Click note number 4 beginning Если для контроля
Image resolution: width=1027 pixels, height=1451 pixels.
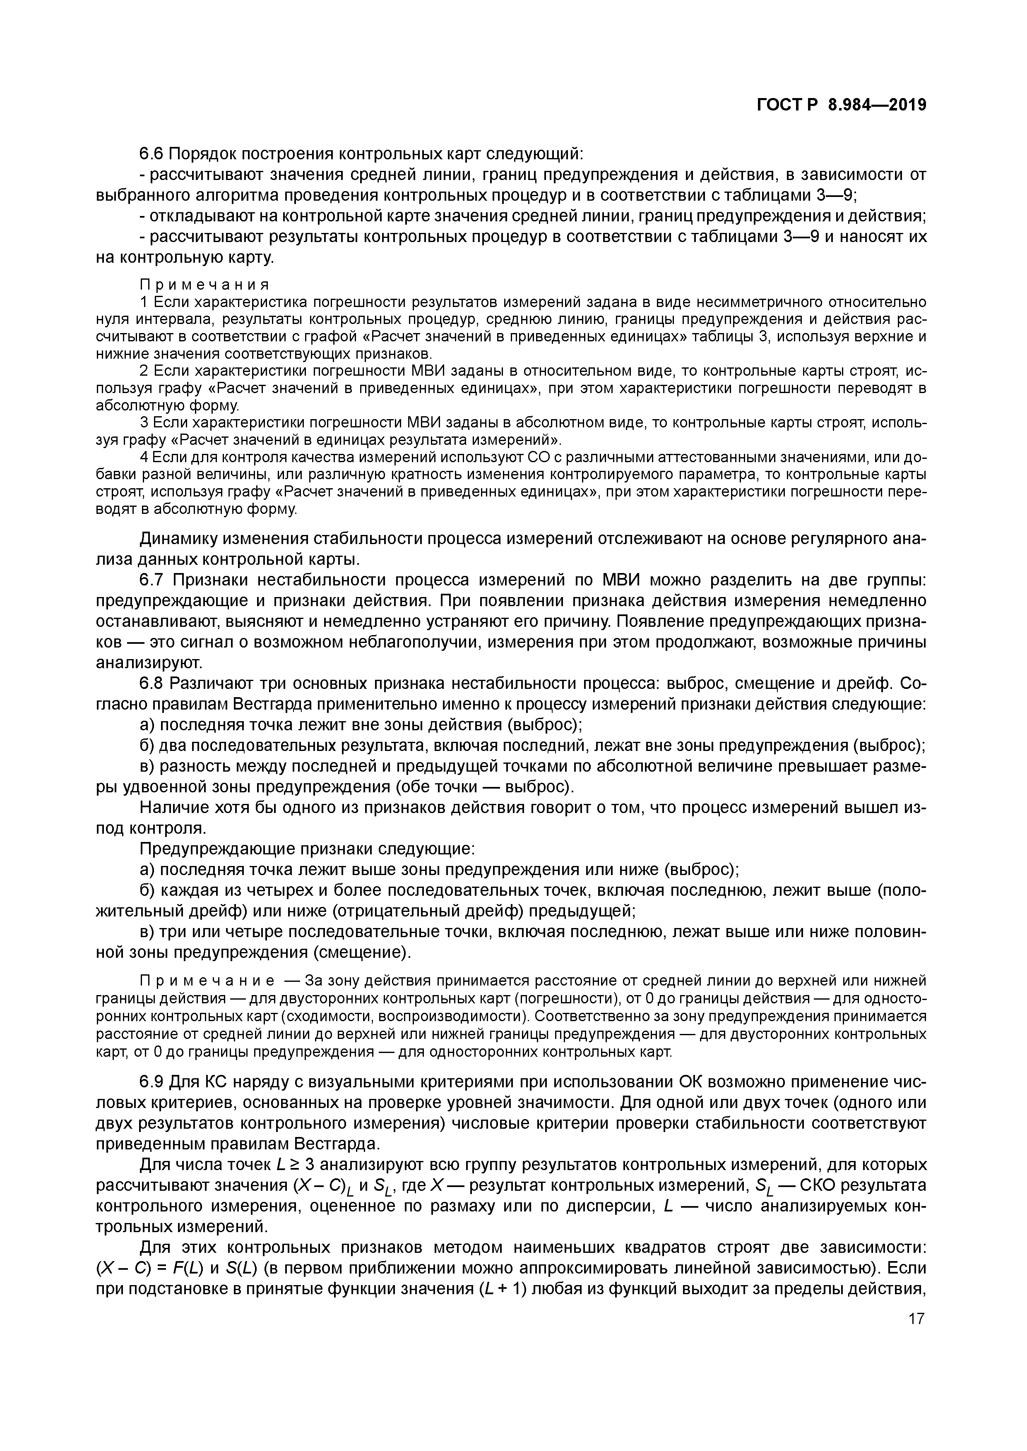[x=144, y=457]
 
